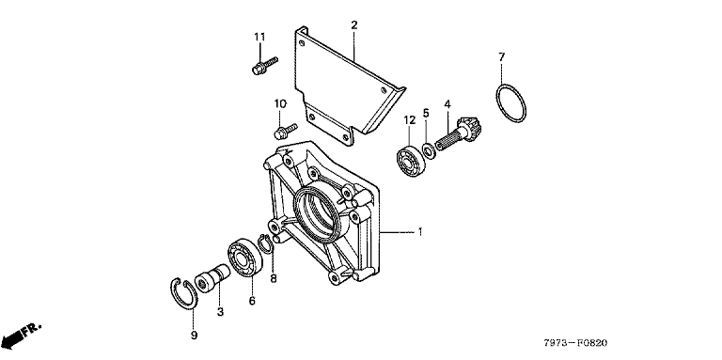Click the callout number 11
[260, 37]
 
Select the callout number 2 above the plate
[354, 24]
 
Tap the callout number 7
[501, 57]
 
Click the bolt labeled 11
[265, 66]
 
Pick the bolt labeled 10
[286, 130]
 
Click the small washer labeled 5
[429, 150]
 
